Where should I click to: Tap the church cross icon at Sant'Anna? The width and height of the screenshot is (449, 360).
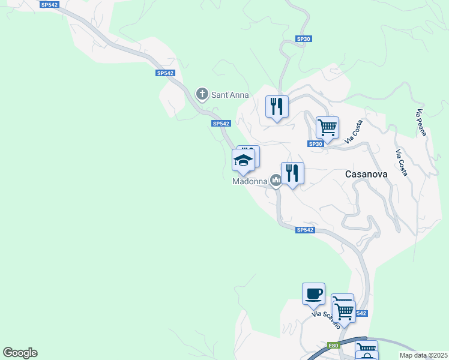click(x=202, y=94)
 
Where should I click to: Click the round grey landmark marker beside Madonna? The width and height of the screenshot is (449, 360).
click(x=276, y=179)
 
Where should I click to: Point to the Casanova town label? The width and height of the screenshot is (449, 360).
click(x=366, y=174)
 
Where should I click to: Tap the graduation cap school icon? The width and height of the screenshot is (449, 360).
click(x=243, y=161)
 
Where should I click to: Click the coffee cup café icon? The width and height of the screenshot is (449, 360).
click(x=313, y=294)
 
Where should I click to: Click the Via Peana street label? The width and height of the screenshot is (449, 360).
click(x=421, y=122)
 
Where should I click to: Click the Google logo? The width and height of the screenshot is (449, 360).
click(x=20, y=353)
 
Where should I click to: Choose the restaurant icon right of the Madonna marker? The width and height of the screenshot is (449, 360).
click(x=292, y=173)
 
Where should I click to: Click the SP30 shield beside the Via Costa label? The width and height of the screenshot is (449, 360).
click(x=316, y=144)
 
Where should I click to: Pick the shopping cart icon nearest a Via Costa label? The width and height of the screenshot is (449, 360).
click(x=327, y=127)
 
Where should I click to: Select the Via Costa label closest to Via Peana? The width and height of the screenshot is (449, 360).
click(x=402, y=162)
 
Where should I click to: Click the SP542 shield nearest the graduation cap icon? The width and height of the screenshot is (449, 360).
click(x=221, y=124)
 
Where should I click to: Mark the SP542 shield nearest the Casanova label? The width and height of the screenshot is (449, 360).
click(x=305, y=230)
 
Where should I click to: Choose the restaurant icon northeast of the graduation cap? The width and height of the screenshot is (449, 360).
click(x=277, y=107)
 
